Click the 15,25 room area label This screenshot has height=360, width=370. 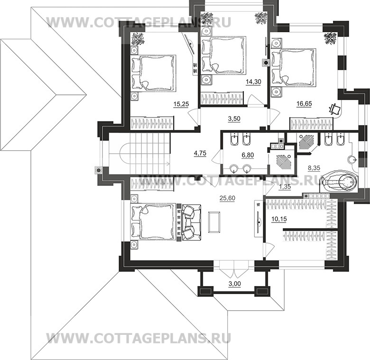click(181, 104)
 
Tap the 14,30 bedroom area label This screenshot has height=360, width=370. click(253, 82)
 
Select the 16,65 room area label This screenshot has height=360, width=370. click(304, 103)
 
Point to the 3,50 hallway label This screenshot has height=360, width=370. click(234, 119)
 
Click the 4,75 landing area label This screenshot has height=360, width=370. click(200, 153)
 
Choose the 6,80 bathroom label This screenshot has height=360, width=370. click(248, 155)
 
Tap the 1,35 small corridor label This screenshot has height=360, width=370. click(285, 187)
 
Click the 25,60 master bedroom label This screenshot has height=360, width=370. click(227, 198)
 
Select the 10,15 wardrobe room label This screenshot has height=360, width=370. click(279, 219)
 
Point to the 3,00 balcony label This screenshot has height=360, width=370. click(235, 284)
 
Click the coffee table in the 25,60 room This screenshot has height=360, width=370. click(214, 222)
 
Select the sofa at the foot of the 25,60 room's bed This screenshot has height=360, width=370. click(191, 222)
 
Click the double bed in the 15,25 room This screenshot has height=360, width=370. click(153, 73)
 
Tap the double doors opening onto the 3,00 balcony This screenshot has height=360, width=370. click(234, 269)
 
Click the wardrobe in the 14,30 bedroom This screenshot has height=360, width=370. click(222, 97)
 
